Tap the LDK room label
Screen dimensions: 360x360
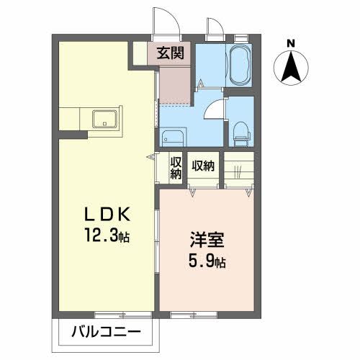pyautogui.click(x=108, y=215)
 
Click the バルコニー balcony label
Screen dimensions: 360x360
pyautogui.click(x=107, y=333)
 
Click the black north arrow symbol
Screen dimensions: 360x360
pyautogui.click(x=290, y=68)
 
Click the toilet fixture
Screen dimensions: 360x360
pyautogui.click(x=241, y=132)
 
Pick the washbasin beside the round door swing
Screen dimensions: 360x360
pyautogui.click(x=172, y=136)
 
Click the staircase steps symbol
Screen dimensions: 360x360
pyautogui.click(x=239, y=171)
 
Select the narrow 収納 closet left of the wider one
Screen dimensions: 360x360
pyautogui.click(x=175, y=170)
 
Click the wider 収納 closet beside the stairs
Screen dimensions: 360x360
pyautogui.click(x=203, y=166)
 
